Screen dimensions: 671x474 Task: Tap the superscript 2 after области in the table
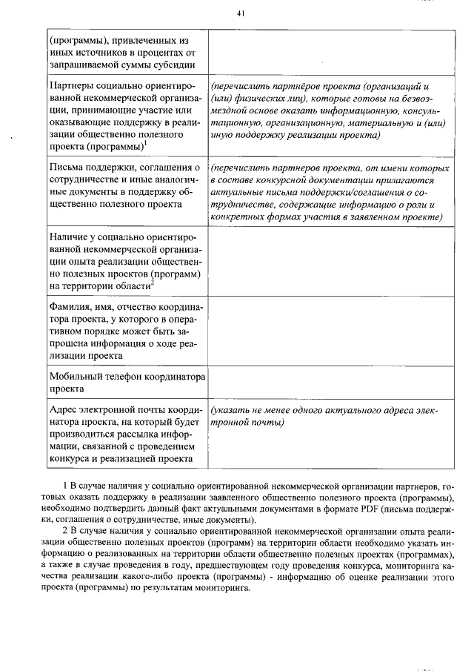(x=152, y=282)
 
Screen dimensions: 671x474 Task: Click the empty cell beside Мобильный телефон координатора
(x=331, y=382)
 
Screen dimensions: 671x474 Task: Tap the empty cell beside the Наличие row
(x=331, y=261)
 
